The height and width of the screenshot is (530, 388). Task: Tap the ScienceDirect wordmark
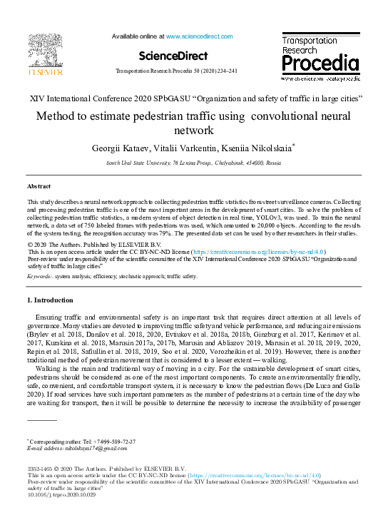[173, 56]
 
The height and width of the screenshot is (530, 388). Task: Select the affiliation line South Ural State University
[193, 163]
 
